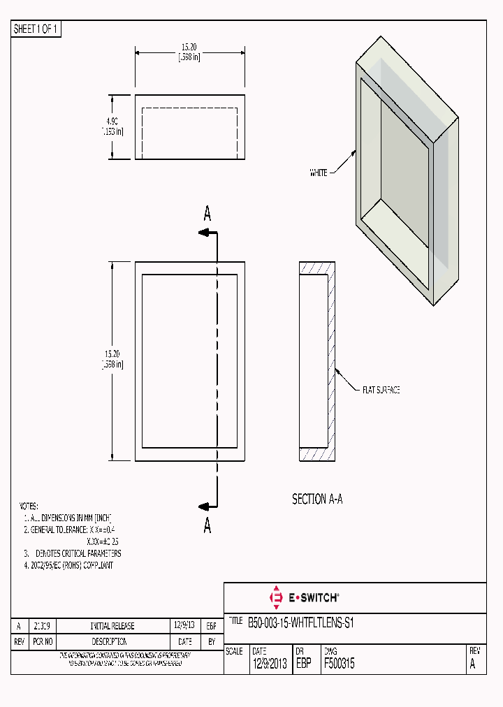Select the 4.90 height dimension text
[x=112, y=121]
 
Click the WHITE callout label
[x=319, y=173]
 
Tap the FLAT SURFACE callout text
[x=380, y=390]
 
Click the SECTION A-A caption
[x=317, y=500]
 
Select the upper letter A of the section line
[x=207, y=214]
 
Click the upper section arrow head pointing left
[x=204, y=233]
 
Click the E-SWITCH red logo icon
[x=275, y=597]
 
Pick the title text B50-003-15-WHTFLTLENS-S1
[x=301, y=623]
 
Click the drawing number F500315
[x=339, y=664]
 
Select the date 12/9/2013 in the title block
[x=270, y=664]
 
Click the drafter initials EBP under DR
[x=303, y=664]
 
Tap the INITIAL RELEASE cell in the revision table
[x=112, y=626]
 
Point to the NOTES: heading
[x=29, y=506]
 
